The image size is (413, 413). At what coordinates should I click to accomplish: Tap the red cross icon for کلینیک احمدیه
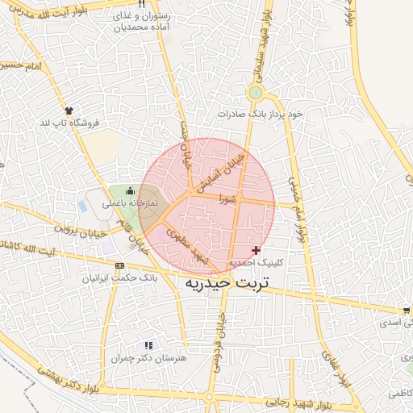pyautogui.click(x=257, y=250)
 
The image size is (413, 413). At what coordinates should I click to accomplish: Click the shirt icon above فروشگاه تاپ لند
pyautogui.click(x=69, y=110)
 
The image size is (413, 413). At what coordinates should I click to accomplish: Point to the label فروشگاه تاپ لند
pyautogui.click(x=69, y=122)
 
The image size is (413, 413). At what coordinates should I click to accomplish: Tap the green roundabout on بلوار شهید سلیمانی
pyautogui.click(x=256, y=92)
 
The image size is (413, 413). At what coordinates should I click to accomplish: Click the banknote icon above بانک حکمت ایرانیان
pyautogui.click(x=119, y=265)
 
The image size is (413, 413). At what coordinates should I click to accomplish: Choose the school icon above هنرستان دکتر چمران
pyautogui.click(x=148, y=344)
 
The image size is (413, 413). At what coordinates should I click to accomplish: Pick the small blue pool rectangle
pyautogui.click(x=83, y=206)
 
